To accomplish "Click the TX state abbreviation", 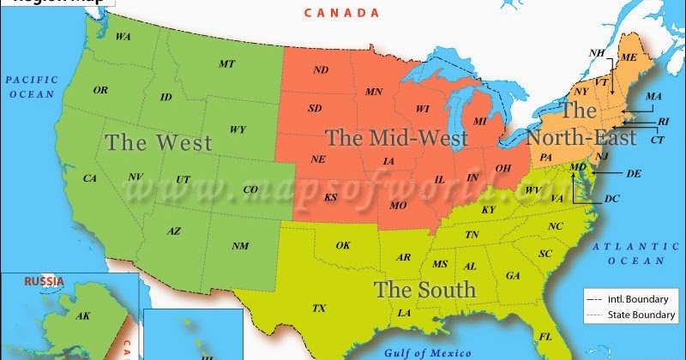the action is (319, 308).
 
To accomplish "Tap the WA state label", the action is (123, 37).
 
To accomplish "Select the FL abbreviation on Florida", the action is (545, 336).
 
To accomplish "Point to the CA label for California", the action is (90, 178).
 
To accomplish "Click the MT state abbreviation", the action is (226, 63).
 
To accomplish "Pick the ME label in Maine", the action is (629, 57).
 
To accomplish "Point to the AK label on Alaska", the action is (83, 316).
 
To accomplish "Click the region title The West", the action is (159, 142).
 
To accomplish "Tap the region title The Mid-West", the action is (396, 137).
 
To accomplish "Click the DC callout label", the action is (611, 199).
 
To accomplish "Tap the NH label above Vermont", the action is (597, 53).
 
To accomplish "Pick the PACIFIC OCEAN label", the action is (32, 86).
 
